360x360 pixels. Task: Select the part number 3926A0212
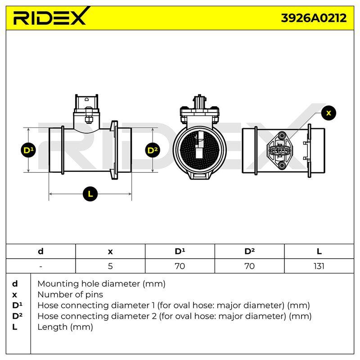(x=314, y=18)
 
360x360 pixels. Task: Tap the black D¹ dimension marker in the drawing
(x=28, y=150)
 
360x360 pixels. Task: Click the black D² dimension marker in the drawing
(x=153, y=150)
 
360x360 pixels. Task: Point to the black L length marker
(x=90, y=194)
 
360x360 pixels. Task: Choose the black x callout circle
(x=328, y=113)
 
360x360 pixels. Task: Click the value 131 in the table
(x=319, y=266)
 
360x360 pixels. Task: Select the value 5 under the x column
(x=110, y=266)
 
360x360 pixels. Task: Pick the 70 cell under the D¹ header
(x=180, y=266)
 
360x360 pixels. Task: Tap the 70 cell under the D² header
(x=249, y=266)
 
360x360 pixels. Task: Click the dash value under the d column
(x=40, y=266)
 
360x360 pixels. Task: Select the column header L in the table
(x=319, y=252)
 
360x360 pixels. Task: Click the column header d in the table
(x=40, y=251)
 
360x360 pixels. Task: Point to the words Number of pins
(x=70, y=295)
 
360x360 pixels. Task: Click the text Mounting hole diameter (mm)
(x=102, y=284)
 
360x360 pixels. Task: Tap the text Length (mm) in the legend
(x=65, y=327)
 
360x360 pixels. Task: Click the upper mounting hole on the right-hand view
(x=282, y=135)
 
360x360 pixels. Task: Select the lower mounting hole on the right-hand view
(x=282, y=165)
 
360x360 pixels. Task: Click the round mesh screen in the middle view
(x=199, y=150)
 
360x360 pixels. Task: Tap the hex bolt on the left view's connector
(x=88, y=119)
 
